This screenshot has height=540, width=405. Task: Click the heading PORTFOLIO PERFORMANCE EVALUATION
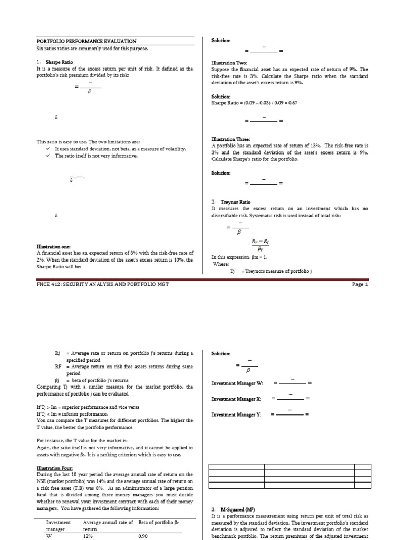click(x=86, y=41)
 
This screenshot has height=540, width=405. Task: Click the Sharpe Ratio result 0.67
click(x=292, y=103)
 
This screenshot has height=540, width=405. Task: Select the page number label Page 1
click(x=359, y=284)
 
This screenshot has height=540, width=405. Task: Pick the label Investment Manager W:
click(x=237, y=383)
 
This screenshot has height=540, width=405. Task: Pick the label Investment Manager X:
click(x=237, y=399)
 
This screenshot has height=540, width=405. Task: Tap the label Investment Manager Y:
click(x=237, y=414)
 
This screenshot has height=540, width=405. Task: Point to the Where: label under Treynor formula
click(x=220, y=264)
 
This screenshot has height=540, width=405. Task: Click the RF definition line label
click(x=59, y=366)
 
